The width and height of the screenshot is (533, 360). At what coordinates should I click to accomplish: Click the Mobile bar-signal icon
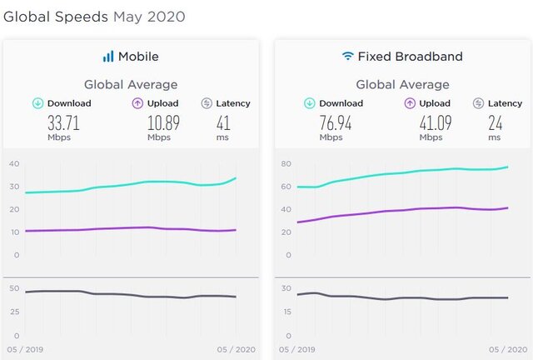(x=108, y=57)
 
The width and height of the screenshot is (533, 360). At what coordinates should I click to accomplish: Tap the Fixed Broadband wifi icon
(x=347, y=57)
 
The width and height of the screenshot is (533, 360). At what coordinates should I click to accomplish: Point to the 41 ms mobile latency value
(x=223, y=124)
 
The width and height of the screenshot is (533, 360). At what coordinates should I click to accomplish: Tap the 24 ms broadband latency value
(x=496, y=124)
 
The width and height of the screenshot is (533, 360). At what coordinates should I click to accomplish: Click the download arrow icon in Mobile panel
(x=38, y=103)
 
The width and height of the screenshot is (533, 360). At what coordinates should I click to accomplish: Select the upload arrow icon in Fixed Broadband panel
(x=410, y=103)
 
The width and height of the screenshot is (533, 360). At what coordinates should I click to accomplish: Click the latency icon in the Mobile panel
(x=207, y=103)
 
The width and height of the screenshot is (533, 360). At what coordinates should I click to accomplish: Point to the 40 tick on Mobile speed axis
(x=14, y=163)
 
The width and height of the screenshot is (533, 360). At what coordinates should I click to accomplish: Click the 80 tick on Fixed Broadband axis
(x=286, y=163)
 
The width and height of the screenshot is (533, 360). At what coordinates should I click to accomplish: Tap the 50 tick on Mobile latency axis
(x=14, y=288)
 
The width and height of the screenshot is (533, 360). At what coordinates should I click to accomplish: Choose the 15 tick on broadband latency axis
(x=286, y=312)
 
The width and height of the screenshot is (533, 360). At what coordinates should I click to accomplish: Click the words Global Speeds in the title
(x=56, y=17)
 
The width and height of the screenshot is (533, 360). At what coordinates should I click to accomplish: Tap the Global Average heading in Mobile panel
(x=130, y=84)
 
